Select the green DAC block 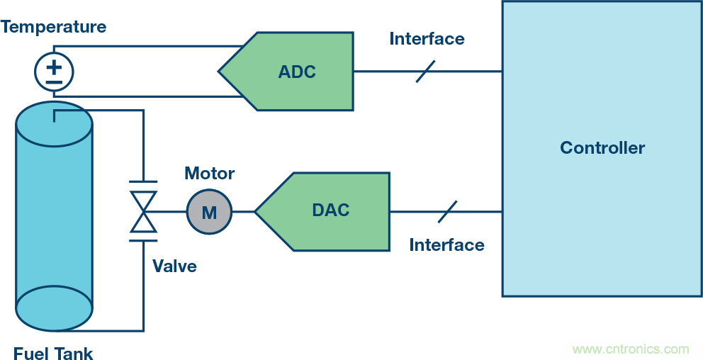pyautogui.click(x=330, y=210)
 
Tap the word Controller pyautogui.click(x=602, y=148)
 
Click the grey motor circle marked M pyautogui.click(x=209, y=211)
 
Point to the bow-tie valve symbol pyautogui.click(x=144, y=211)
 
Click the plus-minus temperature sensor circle pyautogui.click(x=54, y=72)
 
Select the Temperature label pyautogui.click(x=53, y=27)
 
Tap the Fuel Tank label pyautogui.click(x=53, y=353)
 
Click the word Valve pyautogui.click(x=174, y=266)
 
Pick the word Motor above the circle pyautogui.click(x=209, y=173)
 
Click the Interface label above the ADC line pyautogui.click(x=427, y=38)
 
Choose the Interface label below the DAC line pyautogui.click(x=446, y=245)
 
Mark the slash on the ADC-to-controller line pyautogui.click(x=425, y=71)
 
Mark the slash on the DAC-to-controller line pyautogui.click(x=446, y=211)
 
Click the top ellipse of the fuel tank pyautogui.click(x=54, y=125)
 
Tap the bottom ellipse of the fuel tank pyautogui.click(x=54, y=308)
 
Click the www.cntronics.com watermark pyautogui.click(x=630, y=349)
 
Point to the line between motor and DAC pyautogui.click(x=243, y=211)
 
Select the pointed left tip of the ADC pyautogui.click(x=220, y=71)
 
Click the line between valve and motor pyautogui.click(x=171, y=211)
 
